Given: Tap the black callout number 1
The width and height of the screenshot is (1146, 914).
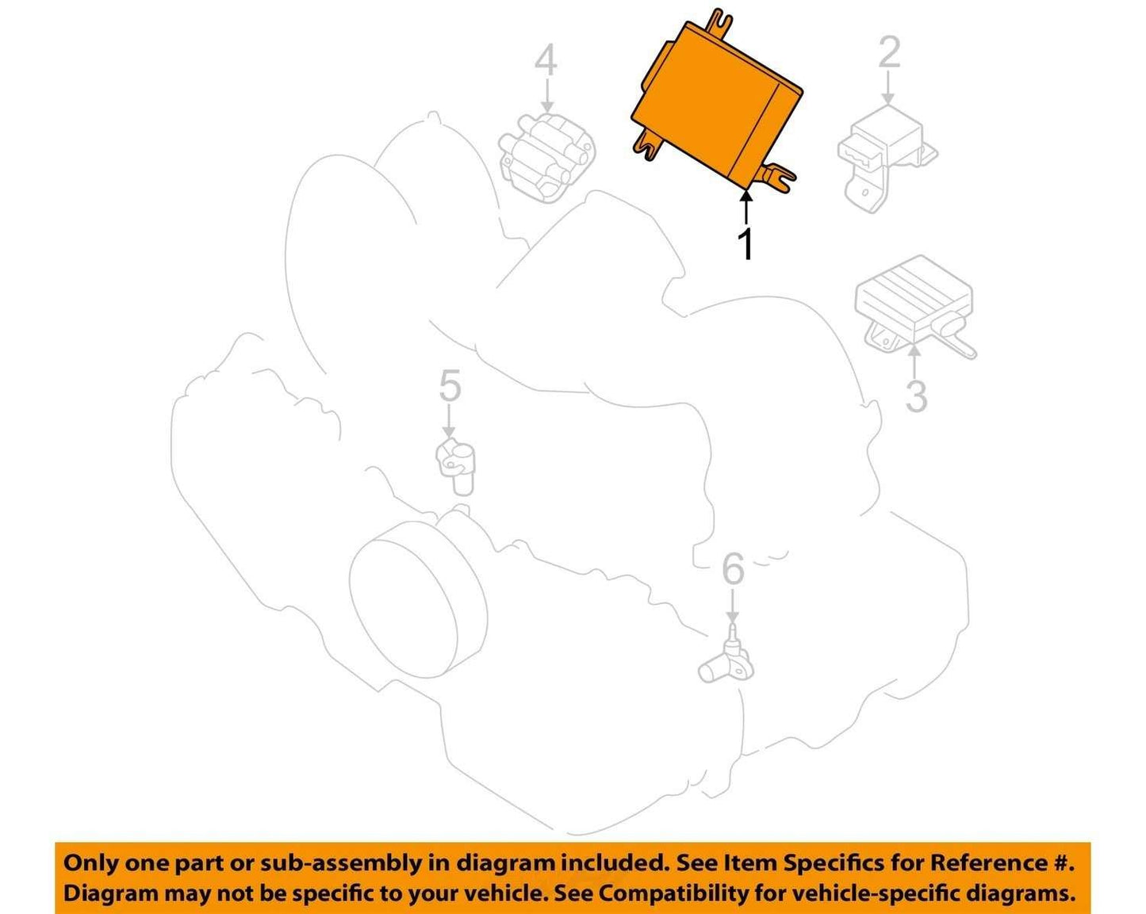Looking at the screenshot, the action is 747,244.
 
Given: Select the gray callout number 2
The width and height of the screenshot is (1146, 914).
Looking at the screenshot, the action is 889,52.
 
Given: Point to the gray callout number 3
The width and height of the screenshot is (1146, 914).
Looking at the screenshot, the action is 917,396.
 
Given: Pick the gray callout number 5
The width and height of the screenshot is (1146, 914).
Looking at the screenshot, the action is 450,386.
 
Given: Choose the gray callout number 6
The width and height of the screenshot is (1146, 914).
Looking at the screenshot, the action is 733,568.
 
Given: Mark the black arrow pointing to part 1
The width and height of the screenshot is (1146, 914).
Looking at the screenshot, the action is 747,208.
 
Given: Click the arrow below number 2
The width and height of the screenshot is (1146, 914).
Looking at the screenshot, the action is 888,87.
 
